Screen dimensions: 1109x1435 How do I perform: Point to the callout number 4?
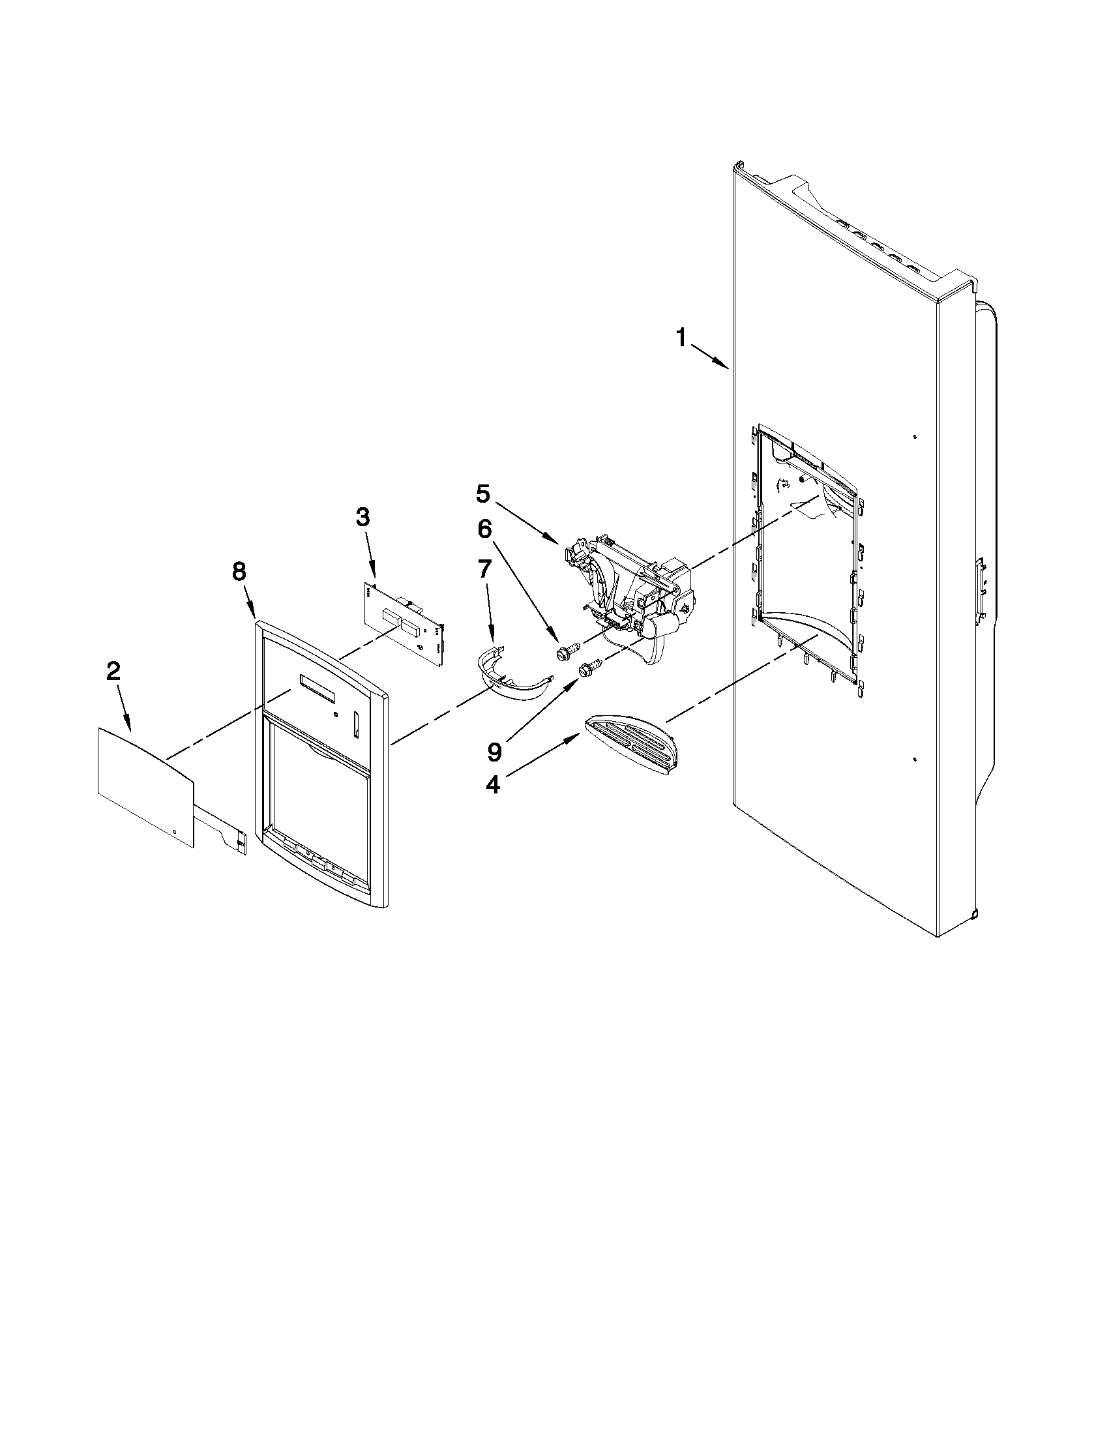coord(492,784)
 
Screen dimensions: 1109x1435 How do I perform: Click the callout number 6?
coord(484,529)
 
